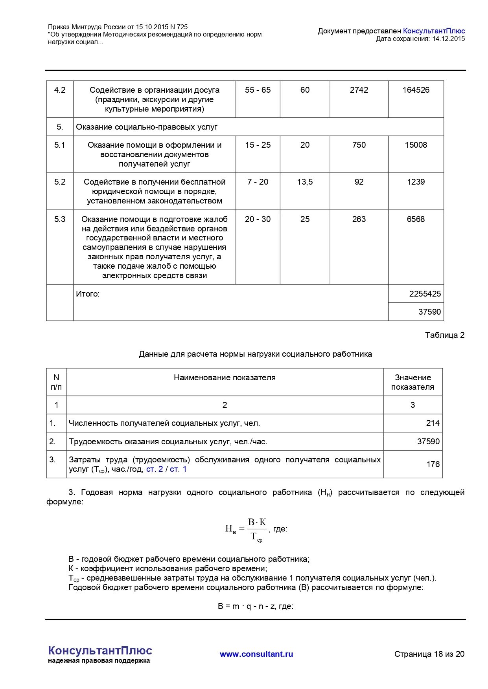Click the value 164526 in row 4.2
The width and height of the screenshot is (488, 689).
tap(416, 90)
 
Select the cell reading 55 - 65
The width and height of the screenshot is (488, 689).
tap(258, 90)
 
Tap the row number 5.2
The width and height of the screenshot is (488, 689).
tap(60, 182)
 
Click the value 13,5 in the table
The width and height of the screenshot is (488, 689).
tap(305, 182)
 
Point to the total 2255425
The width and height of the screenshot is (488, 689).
tap(425, 294)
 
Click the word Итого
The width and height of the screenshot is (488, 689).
tap(88, 294)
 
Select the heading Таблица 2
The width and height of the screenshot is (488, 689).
tap(444, 335)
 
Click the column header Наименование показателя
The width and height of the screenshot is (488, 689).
tap(225, 377)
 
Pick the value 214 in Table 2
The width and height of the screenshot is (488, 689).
tap(433, 423)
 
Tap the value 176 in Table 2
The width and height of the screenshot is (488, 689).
tap(433, 464)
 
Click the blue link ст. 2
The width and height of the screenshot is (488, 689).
tap(155, 469)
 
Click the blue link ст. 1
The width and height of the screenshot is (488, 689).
tap(178, 469)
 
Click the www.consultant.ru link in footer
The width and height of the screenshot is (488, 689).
tap(256, 654)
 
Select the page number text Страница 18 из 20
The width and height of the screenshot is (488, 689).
tap(429, 654)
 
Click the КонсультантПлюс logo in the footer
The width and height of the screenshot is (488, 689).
tap(100, 651)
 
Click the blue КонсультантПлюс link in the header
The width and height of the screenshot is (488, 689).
tap(434, 31)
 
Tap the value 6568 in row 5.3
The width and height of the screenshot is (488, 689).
tap(416, 219)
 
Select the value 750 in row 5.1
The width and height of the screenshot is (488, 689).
tap(359, 145)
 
